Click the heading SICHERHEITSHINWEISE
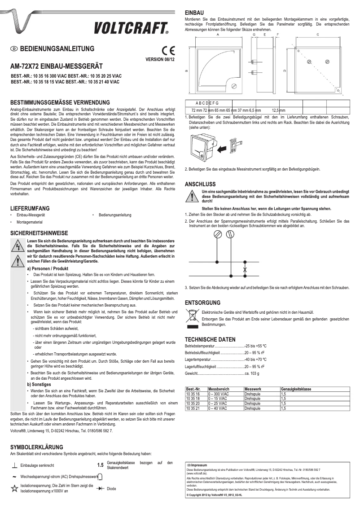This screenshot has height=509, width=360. pyautogui.click(x=39, y=233)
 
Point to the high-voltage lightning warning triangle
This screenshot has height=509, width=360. pyautogui.click(x=18, y=246)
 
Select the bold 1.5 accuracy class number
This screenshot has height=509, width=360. pyautogui.click(x=100, y=465)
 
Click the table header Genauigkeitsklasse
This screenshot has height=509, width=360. pyautogui.click(x=296, y=388)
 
